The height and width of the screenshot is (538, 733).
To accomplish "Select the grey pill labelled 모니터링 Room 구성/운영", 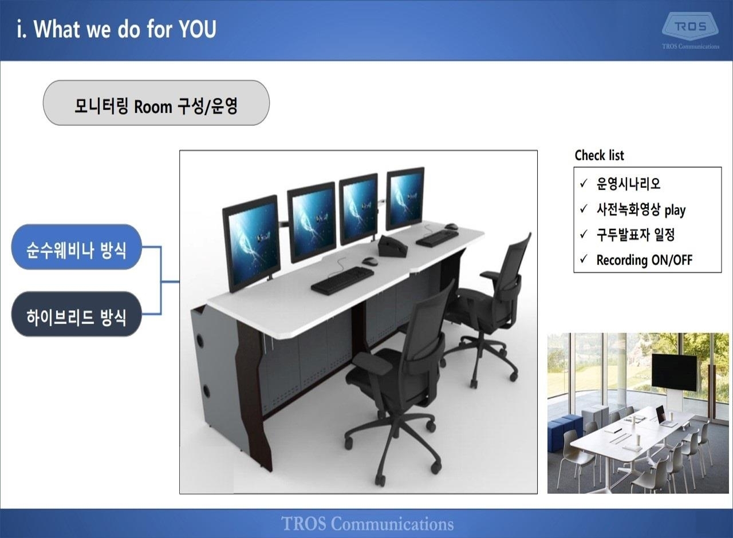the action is [x=156, y=102].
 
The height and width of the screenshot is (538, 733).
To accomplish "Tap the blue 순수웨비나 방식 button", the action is [x=77, y=247].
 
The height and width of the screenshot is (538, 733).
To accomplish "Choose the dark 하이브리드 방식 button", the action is [x=77, y=314].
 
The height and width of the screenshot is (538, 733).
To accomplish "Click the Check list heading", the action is [x=600, y=155].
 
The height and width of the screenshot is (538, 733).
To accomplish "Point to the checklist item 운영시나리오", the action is [x=628, y=184].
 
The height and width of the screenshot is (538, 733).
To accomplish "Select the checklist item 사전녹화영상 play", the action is [x=641, y=209].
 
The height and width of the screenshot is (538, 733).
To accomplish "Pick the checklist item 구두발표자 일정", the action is [x=636, y=235].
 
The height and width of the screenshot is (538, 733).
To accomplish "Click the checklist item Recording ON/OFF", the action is [x=644, y=260].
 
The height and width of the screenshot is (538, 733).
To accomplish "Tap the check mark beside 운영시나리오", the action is [x=584, y=183].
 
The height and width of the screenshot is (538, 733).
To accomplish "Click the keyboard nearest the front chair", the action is [x=342, y=280].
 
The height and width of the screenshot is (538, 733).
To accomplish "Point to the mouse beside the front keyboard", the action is [x=370, y=260].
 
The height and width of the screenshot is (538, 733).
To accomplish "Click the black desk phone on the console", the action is [x=393, y=246].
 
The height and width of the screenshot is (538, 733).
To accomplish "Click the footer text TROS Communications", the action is [x=367, y=523].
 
